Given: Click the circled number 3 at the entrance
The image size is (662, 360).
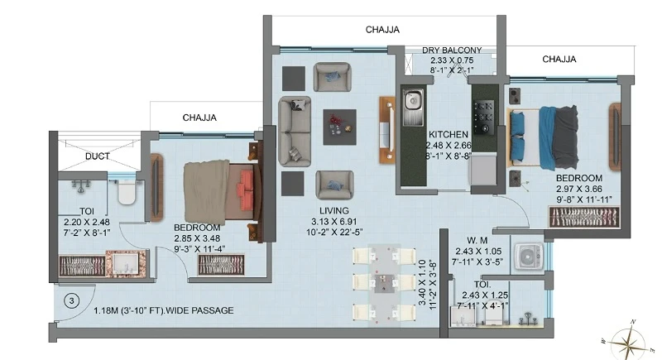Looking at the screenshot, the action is click(72, 301).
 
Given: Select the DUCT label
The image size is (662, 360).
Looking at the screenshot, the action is click(98, 156).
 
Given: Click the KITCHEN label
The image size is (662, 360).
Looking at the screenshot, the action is click(449, 135).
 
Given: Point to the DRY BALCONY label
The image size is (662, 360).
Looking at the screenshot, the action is click(452, 50).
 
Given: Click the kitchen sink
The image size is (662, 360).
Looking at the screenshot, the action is click(413, 108).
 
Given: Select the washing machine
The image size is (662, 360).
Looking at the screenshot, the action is click(528, 257).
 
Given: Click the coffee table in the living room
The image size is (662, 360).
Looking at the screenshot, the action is click(340, 127).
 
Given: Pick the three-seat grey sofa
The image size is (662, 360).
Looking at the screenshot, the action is click(295, 131).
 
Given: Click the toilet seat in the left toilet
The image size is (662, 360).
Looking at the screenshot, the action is click(127, 192).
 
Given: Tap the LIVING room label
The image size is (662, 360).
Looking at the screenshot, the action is click(334, 210).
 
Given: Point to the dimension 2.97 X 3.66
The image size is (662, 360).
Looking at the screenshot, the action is click(578, 189).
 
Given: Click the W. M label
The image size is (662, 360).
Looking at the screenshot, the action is click(477, 241).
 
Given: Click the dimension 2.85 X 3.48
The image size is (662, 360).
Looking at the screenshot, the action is click(197, 238).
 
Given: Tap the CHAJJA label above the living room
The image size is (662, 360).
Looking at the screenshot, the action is click(382, 30).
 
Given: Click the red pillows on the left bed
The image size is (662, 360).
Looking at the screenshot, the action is click(246, 184).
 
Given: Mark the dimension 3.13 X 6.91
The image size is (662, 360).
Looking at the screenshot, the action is click(334, 222).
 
